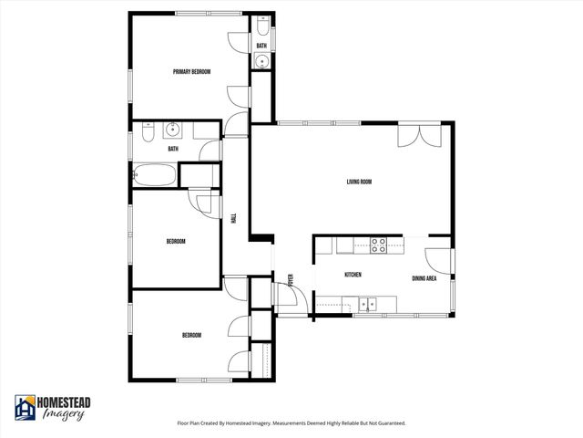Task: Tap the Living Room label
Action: [359, 182]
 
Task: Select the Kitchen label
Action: [353, 276]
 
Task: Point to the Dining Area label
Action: [424, 278]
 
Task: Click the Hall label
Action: [234, 220]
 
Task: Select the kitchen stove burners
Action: [378, 244]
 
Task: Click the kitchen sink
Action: [367, 304]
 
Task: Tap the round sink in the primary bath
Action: [261, 62]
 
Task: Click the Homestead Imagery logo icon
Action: [25, 406]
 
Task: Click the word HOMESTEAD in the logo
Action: [64, 401]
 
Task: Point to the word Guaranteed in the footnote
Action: [387, 423]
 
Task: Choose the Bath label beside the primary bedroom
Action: [261, 46]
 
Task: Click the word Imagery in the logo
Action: [64, 414]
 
